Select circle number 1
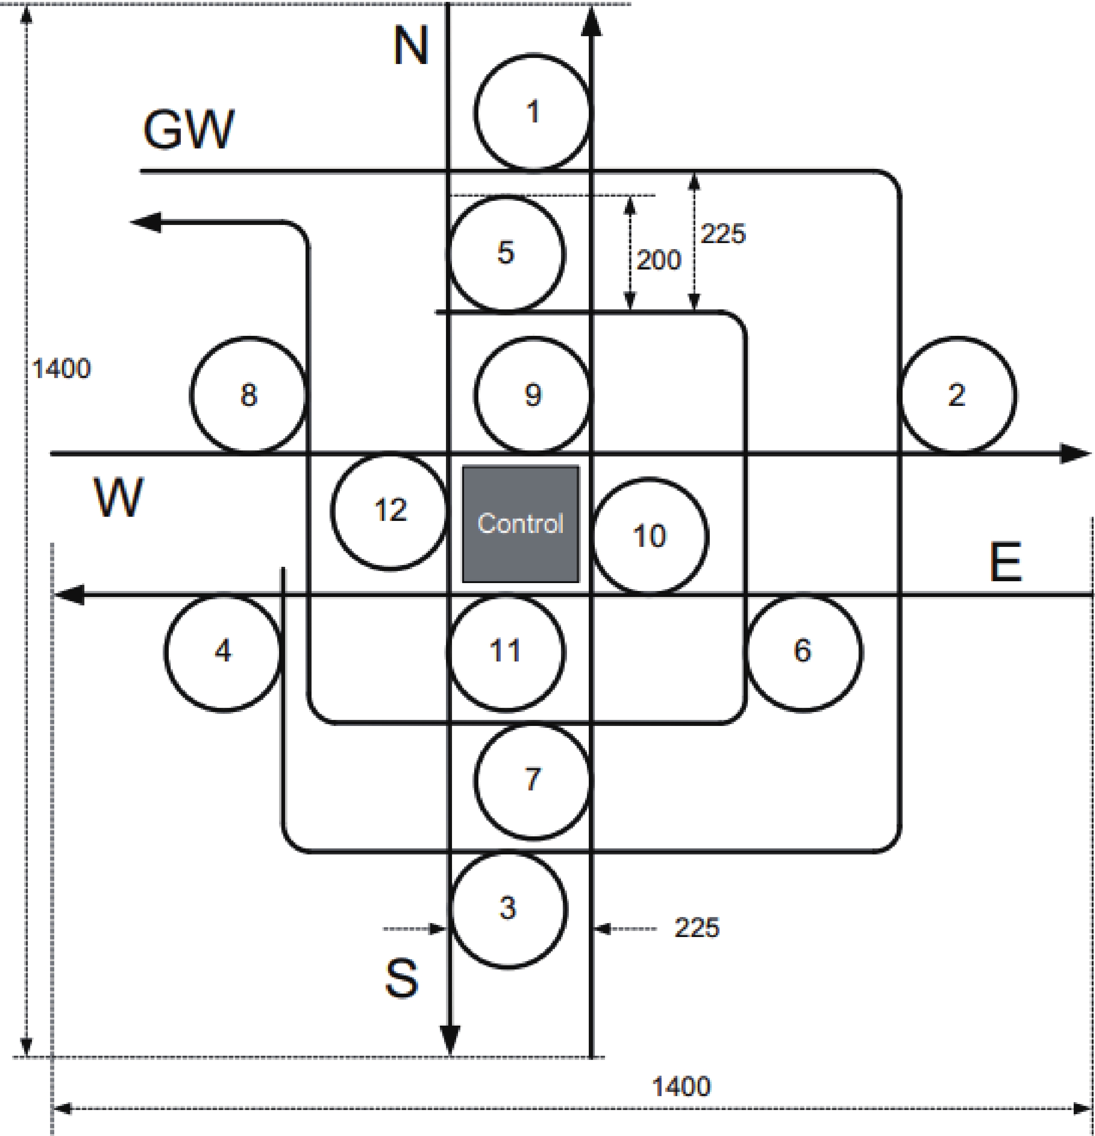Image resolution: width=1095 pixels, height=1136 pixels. (533, 112)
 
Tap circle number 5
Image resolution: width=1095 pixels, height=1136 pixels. (506, 253)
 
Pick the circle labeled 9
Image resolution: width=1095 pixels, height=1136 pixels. (533, 395)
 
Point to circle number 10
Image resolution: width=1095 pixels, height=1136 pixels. (649, 536)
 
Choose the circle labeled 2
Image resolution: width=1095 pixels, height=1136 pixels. (956, 395)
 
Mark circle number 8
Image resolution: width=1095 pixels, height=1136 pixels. (248, 395)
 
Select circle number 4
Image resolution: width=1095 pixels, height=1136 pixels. (223, 651)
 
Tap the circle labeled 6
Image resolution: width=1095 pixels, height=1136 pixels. (803, 651)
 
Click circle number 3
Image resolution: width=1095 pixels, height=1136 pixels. (508, 909)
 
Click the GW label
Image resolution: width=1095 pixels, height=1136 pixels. (189, 130)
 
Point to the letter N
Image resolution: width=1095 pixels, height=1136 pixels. (411, 46)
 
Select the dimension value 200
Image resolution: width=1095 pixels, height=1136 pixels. (659, 260)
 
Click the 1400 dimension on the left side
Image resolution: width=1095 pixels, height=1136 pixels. (61, 369)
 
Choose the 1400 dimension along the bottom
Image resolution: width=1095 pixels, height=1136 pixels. (681, 1086)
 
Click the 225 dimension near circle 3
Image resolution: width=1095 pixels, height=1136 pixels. (697, 927)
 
